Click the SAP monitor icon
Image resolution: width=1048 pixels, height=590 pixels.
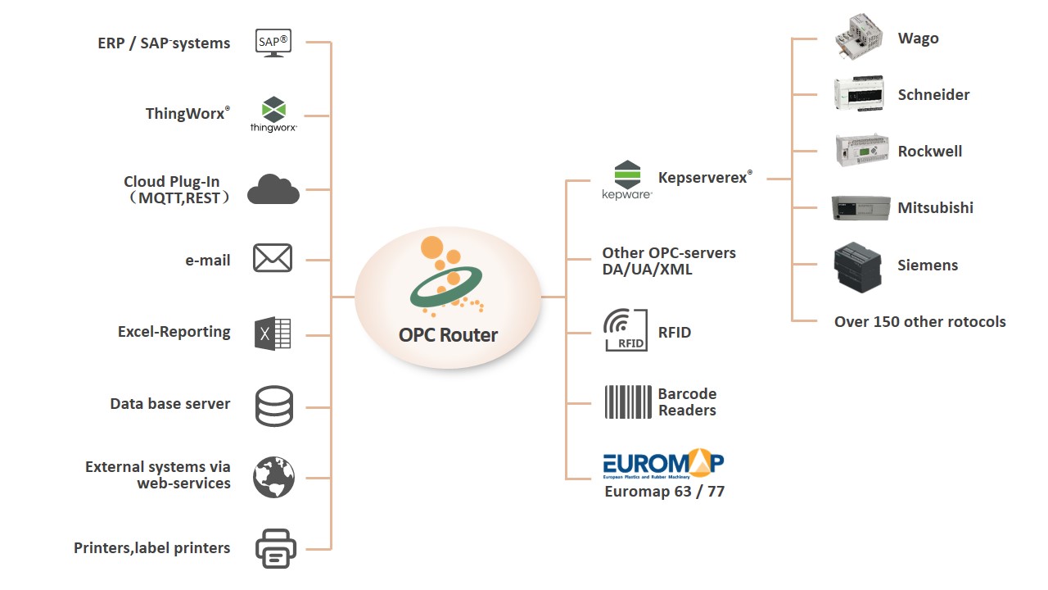[273, 42]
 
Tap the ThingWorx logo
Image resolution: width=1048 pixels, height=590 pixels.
[273, 114]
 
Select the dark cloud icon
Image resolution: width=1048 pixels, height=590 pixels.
[273, 188]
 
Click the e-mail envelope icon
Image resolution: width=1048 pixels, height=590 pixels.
[273, 258]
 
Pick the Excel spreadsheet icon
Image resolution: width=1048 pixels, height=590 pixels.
[273, 334]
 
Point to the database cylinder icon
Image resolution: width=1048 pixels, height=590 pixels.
[273, 406]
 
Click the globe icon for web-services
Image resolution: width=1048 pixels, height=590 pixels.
[273, 477]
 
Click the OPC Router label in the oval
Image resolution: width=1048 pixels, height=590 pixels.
[448, 334]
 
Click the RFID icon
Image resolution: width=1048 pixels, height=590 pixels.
[625, 330]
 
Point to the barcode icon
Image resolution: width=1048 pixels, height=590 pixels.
[628, 402]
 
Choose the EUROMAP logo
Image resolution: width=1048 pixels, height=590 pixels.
[663, 465]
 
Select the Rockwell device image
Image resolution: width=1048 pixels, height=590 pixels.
[861, 151]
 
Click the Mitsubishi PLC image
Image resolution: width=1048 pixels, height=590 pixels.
[861, 207]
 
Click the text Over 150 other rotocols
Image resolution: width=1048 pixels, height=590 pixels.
[919, 321]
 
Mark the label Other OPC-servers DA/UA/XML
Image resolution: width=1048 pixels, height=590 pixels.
[669, 261]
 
